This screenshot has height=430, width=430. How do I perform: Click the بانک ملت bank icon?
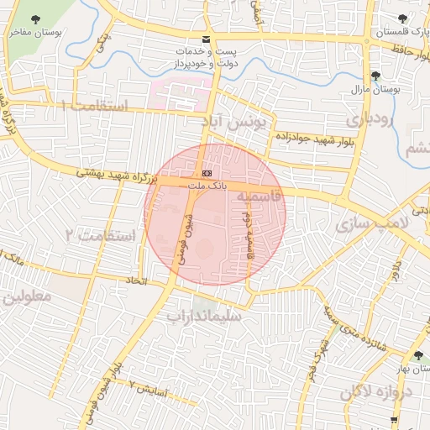[207, 174]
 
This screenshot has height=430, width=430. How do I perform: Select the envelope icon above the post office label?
[207, 39]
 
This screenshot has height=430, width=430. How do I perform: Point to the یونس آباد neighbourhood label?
[239, 123]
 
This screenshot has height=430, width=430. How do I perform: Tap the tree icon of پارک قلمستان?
[403, 18]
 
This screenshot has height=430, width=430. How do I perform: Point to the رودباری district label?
[369, 119]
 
